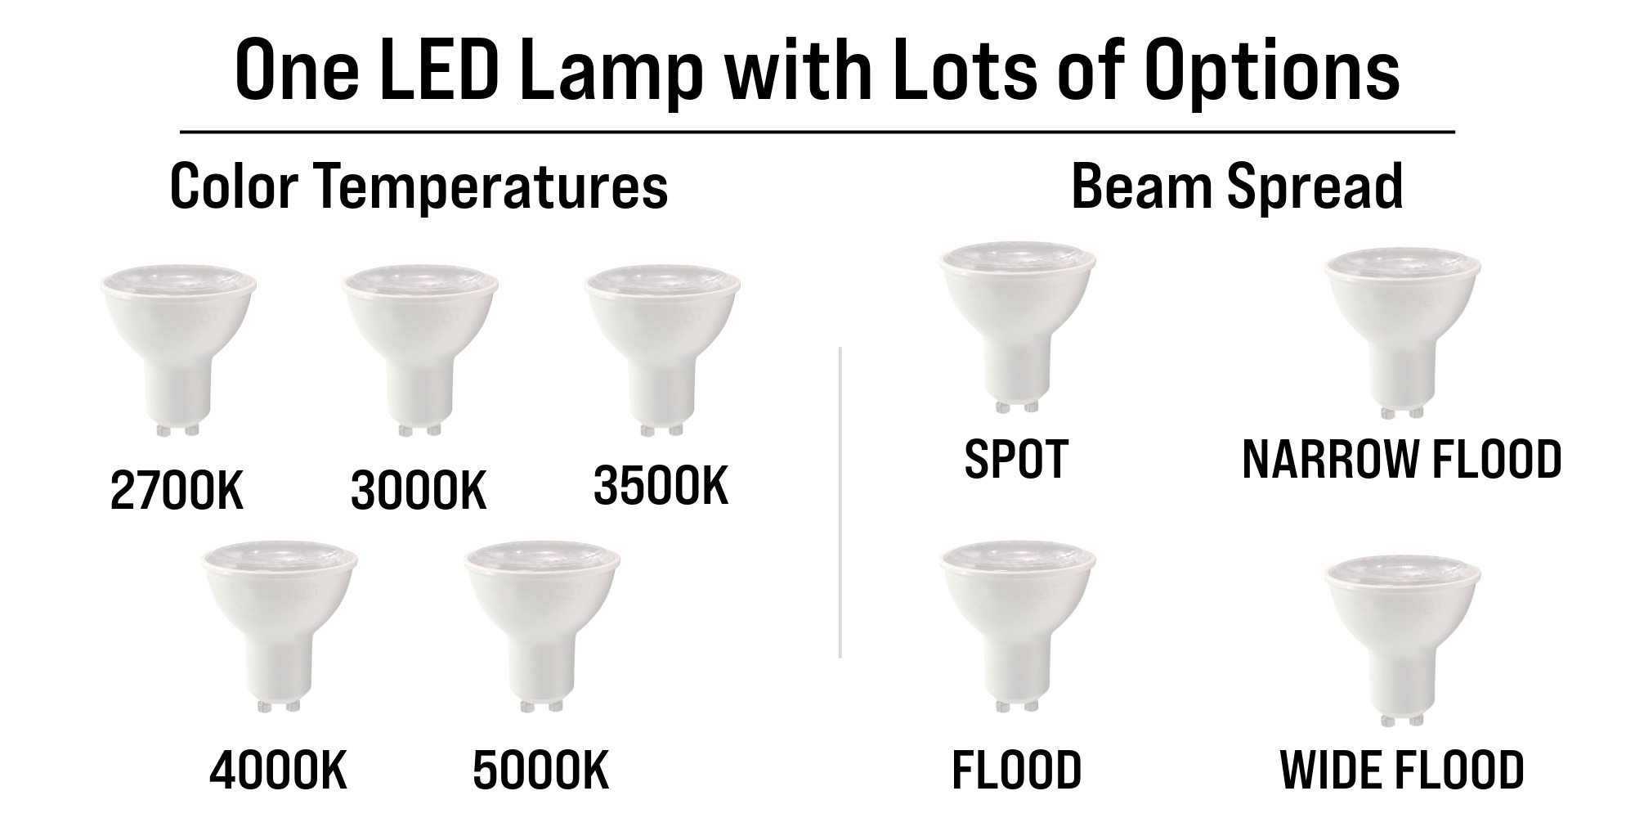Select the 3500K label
[661, 487]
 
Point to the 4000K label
[279, 771]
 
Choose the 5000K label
[541, 771]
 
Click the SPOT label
[1016, 459]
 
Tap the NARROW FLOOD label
[1402, 459]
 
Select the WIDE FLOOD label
[1402, 770]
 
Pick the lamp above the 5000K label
[542, 630]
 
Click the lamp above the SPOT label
[1017, 327]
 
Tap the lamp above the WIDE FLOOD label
[1403, 641]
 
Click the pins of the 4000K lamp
[279, 705]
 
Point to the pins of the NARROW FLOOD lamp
[1403, 412]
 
